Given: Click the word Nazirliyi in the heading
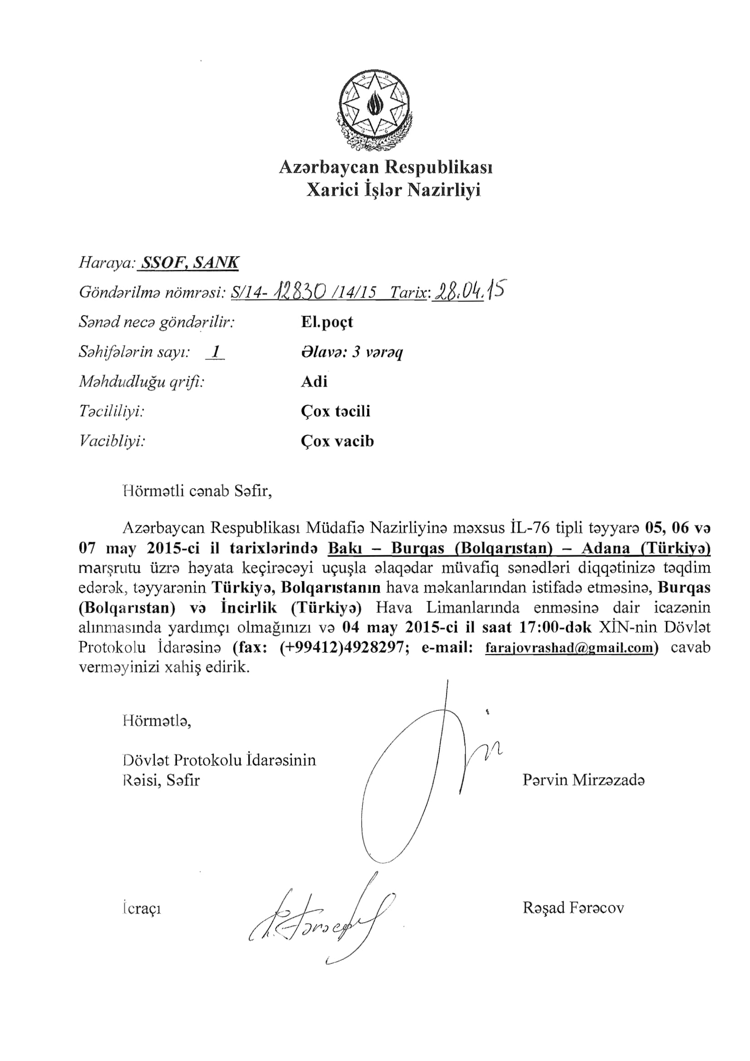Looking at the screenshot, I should click(x=444, y=190).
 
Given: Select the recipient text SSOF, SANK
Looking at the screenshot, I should click(x=190, y=263).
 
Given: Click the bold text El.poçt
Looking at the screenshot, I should click(x=327, y=322).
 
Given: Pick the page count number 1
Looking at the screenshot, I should click(x=215, y=352).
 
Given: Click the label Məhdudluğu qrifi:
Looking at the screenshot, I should click(x=142, y=381).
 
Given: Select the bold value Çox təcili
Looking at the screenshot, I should click(x=335, y=411).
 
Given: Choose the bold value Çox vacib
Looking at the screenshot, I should click(x=337, y=441).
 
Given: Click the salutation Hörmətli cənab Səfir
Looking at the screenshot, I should click(x=197, y=490).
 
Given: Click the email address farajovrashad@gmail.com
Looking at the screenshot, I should click(x=570, y=648).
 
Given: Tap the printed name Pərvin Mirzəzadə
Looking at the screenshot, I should click(x=583, y=780).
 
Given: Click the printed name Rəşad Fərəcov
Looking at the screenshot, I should click(x=573, y=908).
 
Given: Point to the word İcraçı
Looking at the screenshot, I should click(x=142, y=909).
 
